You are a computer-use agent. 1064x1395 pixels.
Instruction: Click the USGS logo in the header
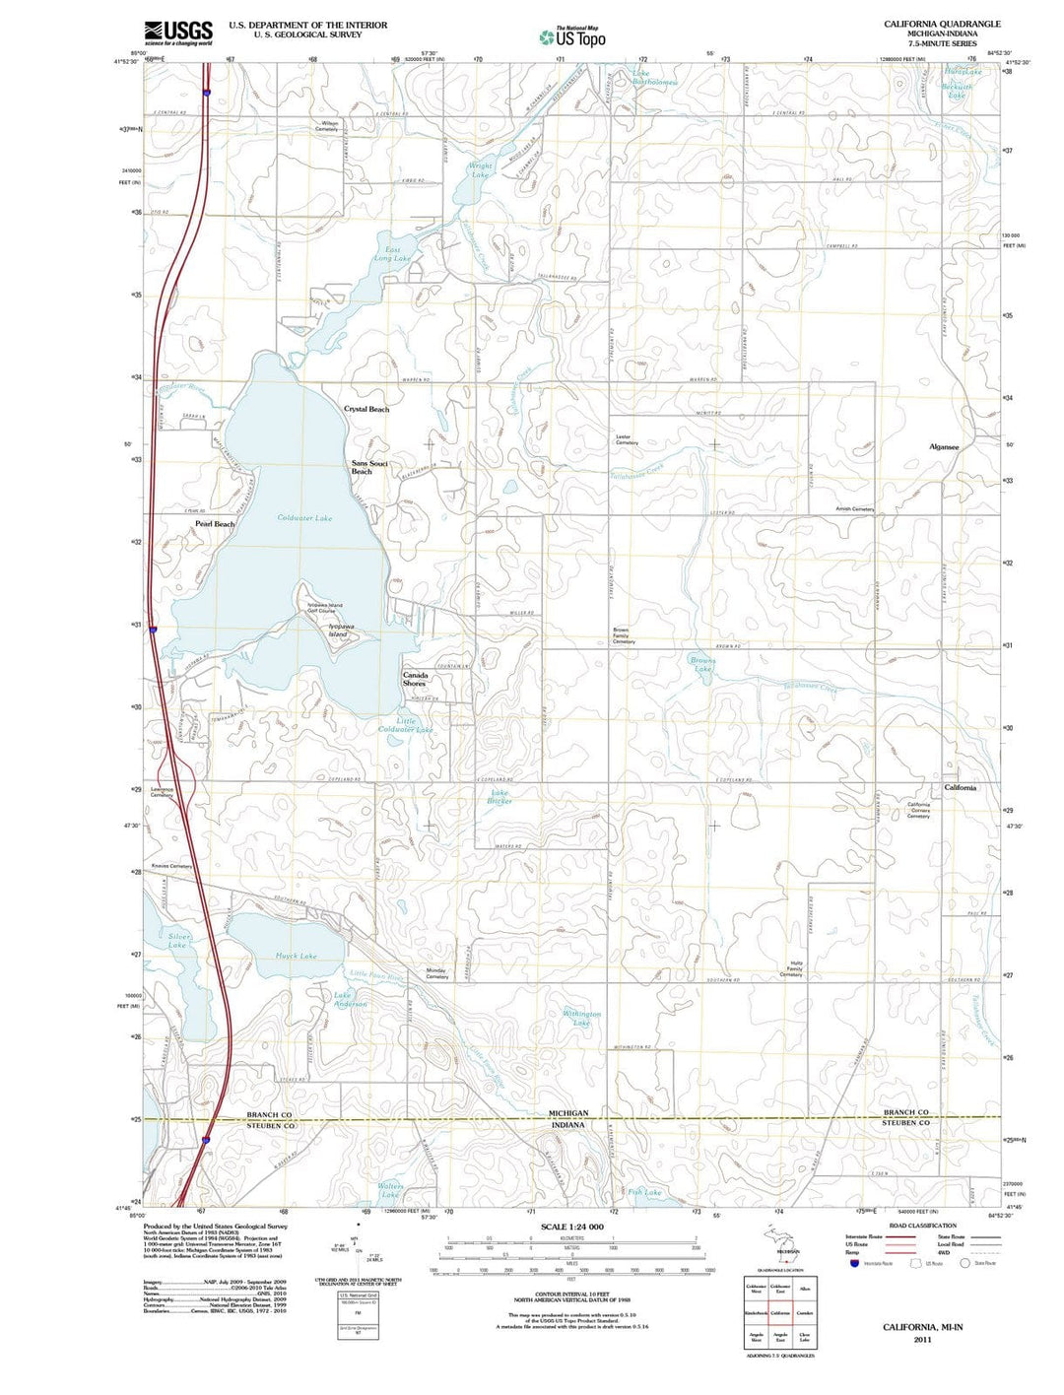[178, 33]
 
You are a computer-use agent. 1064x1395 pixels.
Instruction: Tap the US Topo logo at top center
[572, 37]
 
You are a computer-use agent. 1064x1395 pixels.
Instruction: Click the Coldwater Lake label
[304, 517]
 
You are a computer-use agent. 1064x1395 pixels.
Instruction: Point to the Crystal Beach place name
[366, 409]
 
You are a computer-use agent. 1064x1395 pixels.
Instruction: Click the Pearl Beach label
[215, 524]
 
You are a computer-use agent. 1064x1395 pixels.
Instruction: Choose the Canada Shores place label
[415, 679]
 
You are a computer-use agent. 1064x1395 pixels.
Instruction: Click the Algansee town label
[944, 446]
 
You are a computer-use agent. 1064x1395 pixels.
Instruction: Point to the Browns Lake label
[702, 665]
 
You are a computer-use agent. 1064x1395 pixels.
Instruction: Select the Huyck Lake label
[296, 956]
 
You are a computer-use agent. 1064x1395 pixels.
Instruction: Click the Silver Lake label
[178, 941]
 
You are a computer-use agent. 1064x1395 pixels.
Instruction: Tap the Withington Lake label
[582, 1018]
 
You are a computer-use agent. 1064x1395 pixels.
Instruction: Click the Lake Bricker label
[499, 797]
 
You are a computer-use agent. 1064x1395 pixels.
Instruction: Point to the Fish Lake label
[645, 1192]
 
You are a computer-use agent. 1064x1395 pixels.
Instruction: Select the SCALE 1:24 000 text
[572, 1227]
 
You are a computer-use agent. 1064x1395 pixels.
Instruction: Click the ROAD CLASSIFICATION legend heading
[922, 1226]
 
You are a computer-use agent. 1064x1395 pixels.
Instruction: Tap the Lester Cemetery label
[628, 440]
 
